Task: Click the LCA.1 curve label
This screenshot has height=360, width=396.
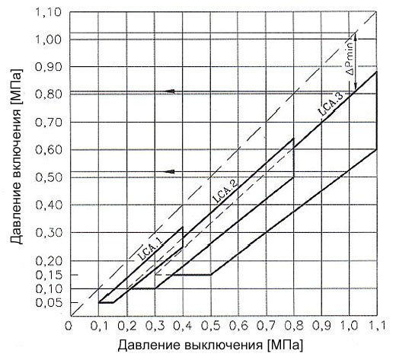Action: pyautogui.click(x=151, y=249)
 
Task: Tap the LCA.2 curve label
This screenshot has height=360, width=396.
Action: pyautogui.click(x=225, y=190)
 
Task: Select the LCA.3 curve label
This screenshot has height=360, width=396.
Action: pyautogui.click(x=331, y=104)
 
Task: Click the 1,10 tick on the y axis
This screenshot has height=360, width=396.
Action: pyautogui.click(x=48, y=12)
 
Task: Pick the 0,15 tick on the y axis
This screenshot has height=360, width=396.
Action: pyautogui.click(x=48, y=275)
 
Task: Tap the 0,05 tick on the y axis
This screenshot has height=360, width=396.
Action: pyautogui.click(x=48, y=303)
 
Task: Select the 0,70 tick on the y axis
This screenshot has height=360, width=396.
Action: pyautogui.click(x=48, y=123)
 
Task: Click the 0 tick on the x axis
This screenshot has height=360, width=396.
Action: pyautogui.click(x=68, y=326)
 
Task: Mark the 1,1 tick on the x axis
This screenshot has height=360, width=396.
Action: pyautogui.click(x=378, y=326)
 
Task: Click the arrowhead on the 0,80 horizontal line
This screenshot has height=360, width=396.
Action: pyautogui.click(x=170, y=91)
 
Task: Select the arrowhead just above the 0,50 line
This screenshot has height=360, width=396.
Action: pyautogui.click(x=170, y=171)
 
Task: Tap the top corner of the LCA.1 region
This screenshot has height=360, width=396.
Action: pyautogui.click(x=183, y=227)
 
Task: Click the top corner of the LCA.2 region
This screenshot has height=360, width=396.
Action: pyautogui.click(x=294, y=139)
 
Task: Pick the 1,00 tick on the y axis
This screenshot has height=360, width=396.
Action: pyautogui.click(x=48, y=40)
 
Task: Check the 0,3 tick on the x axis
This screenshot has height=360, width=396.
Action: pyautogui.click(x=155, y=326)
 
